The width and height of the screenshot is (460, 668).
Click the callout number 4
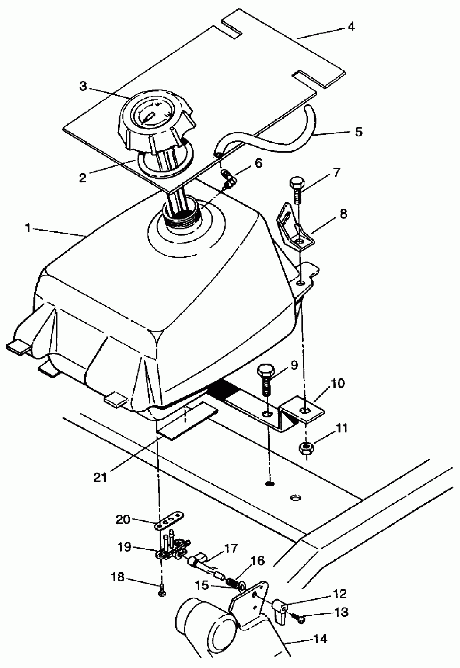351,27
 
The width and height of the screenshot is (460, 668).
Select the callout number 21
100,477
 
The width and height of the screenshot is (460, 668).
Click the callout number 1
28,228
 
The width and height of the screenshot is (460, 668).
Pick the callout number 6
258,163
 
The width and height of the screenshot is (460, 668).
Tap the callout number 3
83,86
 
